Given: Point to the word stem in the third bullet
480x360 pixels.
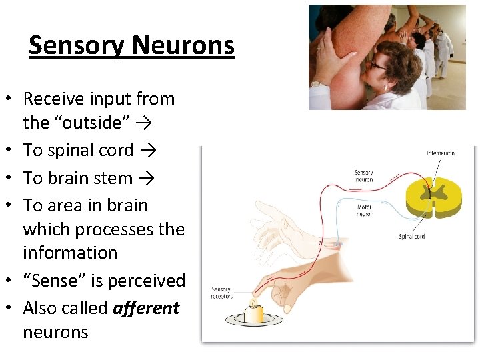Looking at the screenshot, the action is click(x=114, y=178).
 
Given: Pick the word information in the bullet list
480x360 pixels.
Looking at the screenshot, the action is click(x=70, y=253).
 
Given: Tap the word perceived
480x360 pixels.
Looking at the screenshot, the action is click(x=143, y=281).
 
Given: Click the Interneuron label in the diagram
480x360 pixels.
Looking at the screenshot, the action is click(x=440, y=153).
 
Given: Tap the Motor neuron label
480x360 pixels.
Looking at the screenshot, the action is click(x=365, y=211).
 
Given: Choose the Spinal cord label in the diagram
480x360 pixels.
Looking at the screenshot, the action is click(x=412, y=237).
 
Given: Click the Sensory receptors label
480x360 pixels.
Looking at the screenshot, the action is click(x=221, y=293).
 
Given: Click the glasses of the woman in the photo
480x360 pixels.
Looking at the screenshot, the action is click(x=378, y=65).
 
